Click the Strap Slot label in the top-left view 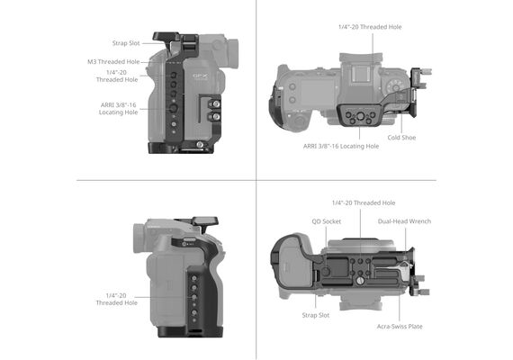pos(126,43)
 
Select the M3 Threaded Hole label pos(113,62)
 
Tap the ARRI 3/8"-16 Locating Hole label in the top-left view pos(119,109)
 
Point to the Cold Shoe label pos(401,138)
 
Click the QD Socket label pos(326,221)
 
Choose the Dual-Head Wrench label pos(404,221)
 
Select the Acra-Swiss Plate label pos(400,327)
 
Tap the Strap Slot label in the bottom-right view pos(316,315)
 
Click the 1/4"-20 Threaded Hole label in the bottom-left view pos(116,300)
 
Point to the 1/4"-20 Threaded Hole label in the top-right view pos(370,27)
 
